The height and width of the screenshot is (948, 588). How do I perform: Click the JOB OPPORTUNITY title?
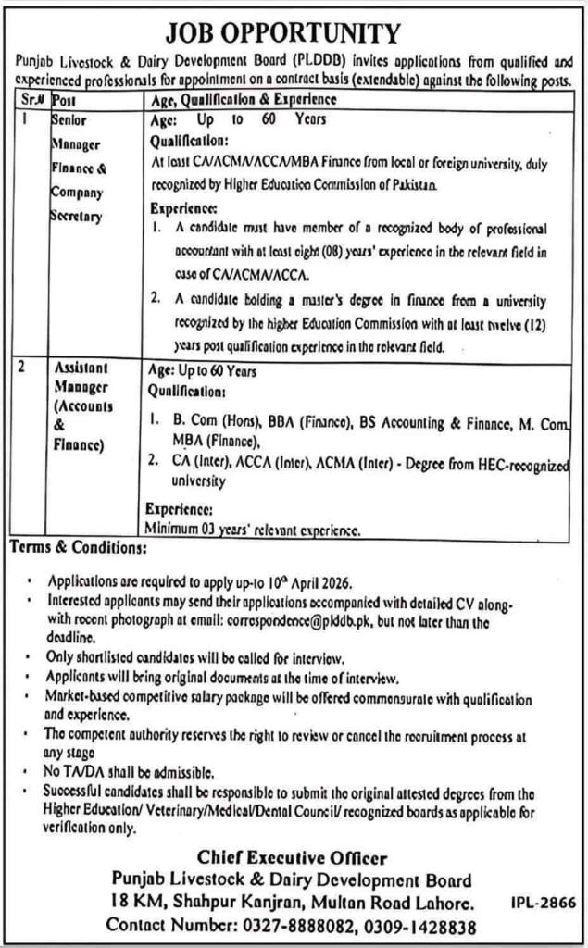pyautogui.click(x=294, y=34)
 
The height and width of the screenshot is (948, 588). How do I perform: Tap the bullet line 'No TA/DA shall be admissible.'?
pyautogui.click(x=137, y=769)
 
